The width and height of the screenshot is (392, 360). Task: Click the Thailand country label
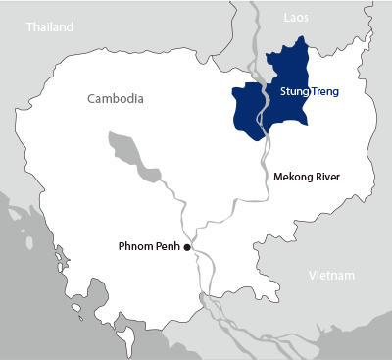tap(50, 27)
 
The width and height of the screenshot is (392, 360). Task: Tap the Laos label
tap(296, 18)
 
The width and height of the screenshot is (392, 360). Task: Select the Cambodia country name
tap(116, 99)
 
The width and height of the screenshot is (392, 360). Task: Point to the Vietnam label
tap(330, 276)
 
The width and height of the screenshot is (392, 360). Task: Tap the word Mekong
tap(297, 180)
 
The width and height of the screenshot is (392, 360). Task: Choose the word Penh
tap(169, 245)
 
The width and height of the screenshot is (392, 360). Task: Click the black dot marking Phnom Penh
tap(187, 247)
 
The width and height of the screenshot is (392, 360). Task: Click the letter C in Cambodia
tap(91, 99)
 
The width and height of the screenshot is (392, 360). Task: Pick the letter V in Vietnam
tap(312, 276)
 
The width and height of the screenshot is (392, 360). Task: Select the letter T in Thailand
tap(30, 27)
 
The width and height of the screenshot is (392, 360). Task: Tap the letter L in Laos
tap(284, 18)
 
